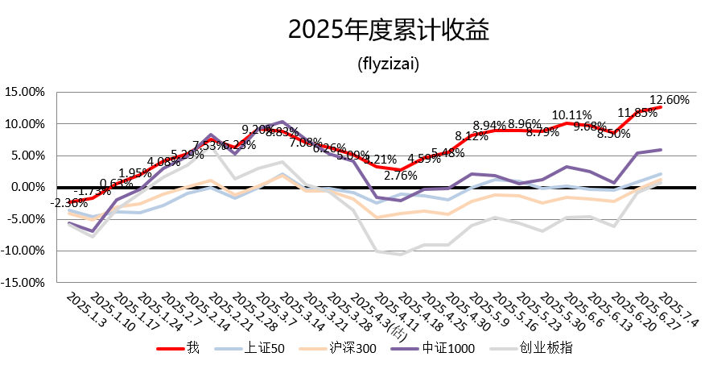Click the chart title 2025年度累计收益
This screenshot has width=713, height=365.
389,31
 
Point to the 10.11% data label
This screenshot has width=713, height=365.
572,115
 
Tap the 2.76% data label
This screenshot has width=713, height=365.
400,175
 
